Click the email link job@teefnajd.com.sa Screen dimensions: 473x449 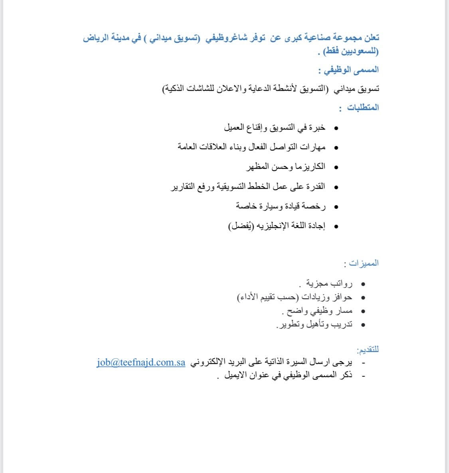click(140, 363)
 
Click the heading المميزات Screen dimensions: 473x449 click(364, 263)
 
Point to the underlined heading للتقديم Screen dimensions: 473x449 click(368, 350)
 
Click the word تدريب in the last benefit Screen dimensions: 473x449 click(342, 324)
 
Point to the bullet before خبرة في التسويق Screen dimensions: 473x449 click(336, 128)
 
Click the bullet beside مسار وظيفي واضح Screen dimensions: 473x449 click(362, 311)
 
